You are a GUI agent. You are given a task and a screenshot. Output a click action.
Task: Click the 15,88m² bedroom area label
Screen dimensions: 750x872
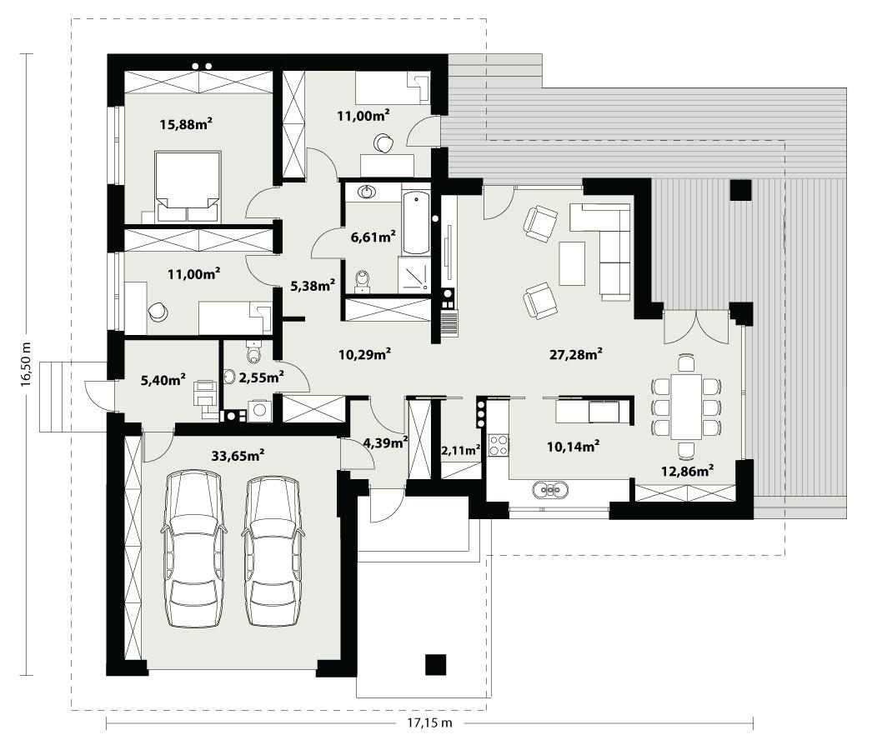186,124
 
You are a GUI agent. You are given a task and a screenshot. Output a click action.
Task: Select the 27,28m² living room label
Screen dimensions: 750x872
576,354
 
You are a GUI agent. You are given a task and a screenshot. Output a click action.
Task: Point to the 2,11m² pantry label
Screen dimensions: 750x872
460,451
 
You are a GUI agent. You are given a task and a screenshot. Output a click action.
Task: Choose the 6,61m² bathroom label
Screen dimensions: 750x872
373,237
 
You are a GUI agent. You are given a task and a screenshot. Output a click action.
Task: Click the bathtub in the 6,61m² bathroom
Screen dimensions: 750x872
415,222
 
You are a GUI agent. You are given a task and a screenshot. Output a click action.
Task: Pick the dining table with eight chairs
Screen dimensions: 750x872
686,407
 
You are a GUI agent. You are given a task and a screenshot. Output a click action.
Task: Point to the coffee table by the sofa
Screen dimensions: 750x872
572,263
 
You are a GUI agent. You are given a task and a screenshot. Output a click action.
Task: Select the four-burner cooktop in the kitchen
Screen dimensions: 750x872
499,445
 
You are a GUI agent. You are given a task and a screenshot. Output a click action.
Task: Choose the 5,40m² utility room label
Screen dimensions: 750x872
163,381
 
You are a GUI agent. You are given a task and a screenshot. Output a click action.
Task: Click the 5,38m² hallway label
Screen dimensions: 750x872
313,286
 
